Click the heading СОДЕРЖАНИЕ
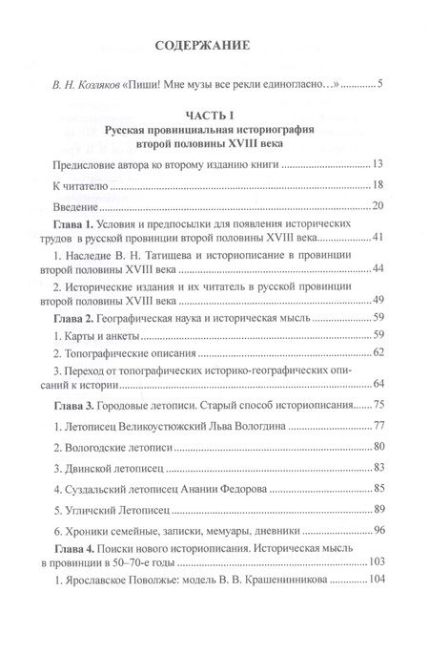coord(213,45)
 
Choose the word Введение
coord(80,207)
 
